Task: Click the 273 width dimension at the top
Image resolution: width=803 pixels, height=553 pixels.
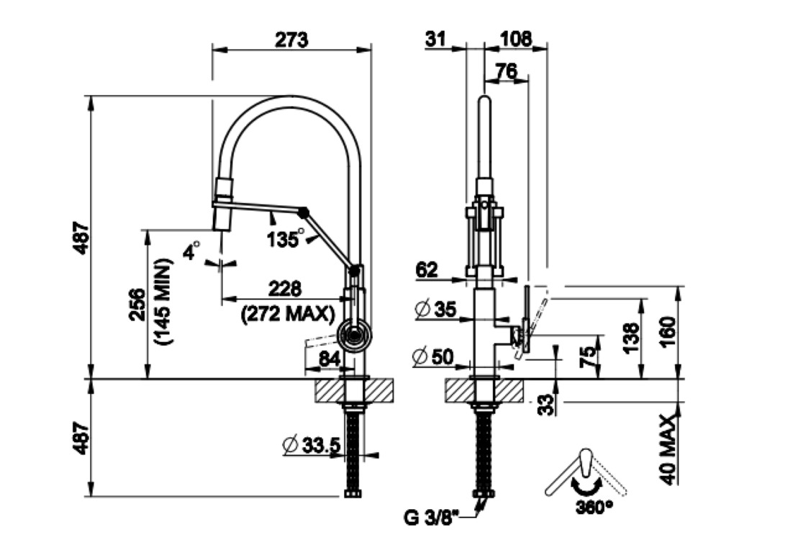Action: (291, 40)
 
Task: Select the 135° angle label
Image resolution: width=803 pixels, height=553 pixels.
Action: (284, 238)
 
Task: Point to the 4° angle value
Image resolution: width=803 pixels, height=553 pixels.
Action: (191, 252)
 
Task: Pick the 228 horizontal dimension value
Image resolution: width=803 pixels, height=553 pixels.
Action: (285, 289)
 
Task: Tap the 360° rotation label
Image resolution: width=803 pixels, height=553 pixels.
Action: (594, 507)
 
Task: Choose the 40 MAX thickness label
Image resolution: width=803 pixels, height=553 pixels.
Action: (668, 450)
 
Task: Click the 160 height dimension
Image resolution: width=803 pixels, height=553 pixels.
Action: (668, 332)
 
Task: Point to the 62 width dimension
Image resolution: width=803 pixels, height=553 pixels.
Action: (427, 270)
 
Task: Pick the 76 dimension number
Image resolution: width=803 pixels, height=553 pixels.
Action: (507, 71)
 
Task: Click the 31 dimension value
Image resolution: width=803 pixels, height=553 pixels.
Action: (436, 40)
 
